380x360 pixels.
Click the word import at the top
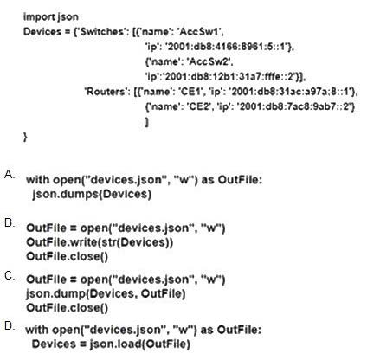[39, 16]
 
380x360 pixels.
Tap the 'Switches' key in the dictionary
[101, 31]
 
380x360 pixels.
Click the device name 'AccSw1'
[200, 31]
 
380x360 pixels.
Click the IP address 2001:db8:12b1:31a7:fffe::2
[232, 76]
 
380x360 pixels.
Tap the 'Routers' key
[105, 92]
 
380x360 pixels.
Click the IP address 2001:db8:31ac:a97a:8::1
[292, 92]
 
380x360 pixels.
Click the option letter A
[10, 175]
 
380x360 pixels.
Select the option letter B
[10, 222]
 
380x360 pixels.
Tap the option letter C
[10, 276]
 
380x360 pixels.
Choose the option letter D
[10, 326]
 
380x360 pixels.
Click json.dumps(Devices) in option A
[92, 194]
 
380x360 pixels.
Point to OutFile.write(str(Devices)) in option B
[100, 242]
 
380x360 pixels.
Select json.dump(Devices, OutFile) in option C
[106, 293]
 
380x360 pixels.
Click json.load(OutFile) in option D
[140, 344]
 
